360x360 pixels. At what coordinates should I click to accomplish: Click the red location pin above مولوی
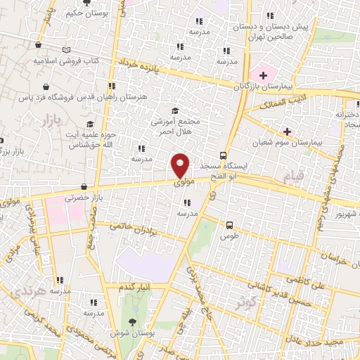pyautogui.click(x=181, y=165)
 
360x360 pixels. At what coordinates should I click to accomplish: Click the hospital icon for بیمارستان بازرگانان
pyautogui.click(x=264, y=74)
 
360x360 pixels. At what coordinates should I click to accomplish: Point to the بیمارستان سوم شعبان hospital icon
pyautogui.click(x=287, y=131)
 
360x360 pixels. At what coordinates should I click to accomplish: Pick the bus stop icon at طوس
pyautogui.click(x=230, y=226)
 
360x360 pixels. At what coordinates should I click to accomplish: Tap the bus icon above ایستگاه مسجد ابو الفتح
pyautogui.click(x=223, y=155)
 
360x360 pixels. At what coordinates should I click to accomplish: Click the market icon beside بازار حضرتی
pyautogui.click(x=84, y=187)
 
